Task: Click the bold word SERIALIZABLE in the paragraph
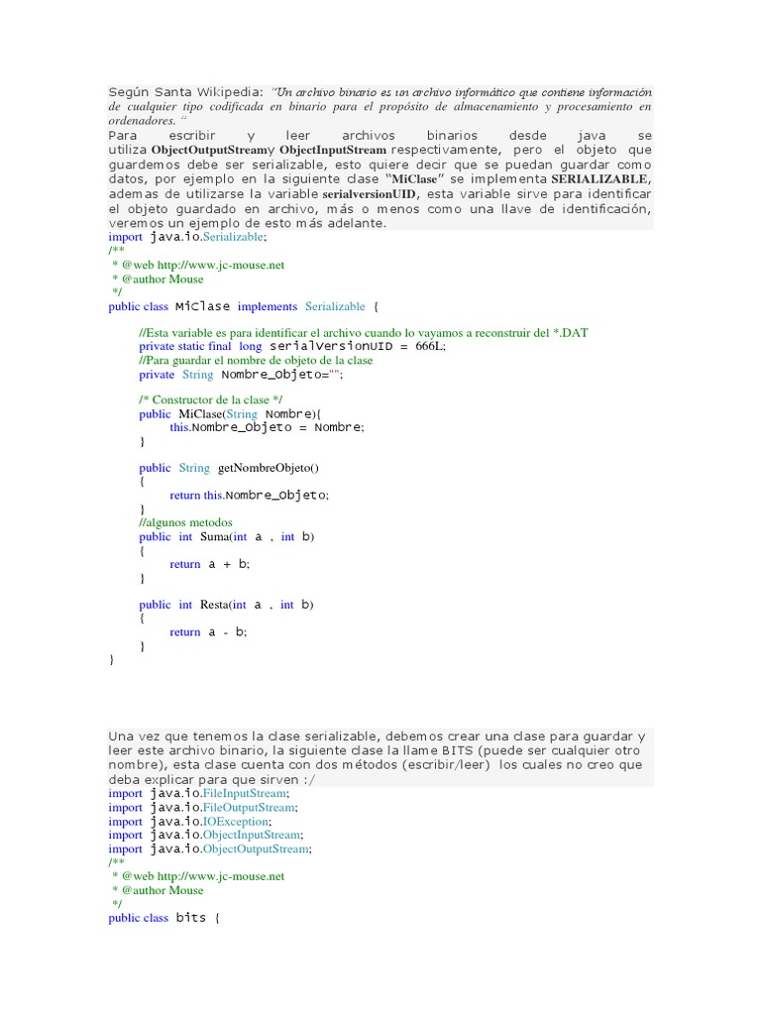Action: click(600, 178)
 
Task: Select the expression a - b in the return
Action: click(227, 631)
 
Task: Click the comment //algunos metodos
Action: click(185, 521)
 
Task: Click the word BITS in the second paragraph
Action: click(419, 750)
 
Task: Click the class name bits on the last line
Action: click(191, 917)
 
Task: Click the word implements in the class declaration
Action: click(267, 306)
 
